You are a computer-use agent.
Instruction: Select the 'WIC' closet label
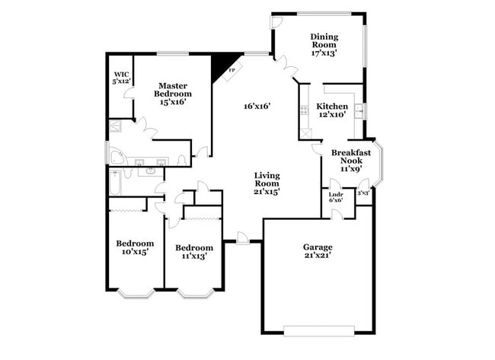point(120,74)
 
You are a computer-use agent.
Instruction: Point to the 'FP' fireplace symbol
point(232,71)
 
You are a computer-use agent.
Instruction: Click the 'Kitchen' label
point(332,107)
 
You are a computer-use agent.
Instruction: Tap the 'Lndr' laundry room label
point(335,194)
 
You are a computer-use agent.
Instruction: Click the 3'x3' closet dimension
point(363,193)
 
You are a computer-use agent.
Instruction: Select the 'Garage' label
point(318,247)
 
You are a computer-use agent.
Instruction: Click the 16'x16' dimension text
point(257,107)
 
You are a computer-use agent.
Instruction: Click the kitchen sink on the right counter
point(359,112)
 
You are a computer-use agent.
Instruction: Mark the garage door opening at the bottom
point(318,330)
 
